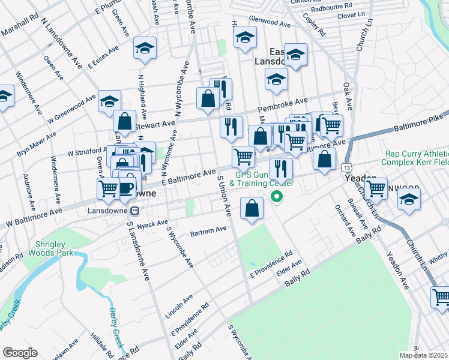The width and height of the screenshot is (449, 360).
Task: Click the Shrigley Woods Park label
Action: tap(49, 248)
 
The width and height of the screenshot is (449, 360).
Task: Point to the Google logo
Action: tap(20, 353)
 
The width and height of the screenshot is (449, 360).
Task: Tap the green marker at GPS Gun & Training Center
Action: tap(277, 196)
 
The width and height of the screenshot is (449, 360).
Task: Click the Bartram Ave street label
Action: tap(208, 230)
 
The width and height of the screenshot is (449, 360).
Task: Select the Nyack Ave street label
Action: tap(152, 224)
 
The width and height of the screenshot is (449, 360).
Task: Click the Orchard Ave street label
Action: tap(345, 220)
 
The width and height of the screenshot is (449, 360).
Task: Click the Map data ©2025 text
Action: tap(424, 355)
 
